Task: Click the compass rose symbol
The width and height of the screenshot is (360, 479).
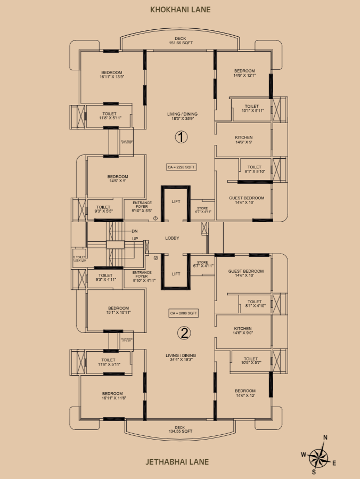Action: pos(319,456)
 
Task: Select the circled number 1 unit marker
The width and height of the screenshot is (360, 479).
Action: pos(181,137)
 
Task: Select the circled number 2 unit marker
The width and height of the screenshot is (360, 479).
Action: pos(184,334)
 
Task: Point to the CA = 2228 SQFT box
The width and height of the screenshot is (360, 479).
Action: pos(182,167)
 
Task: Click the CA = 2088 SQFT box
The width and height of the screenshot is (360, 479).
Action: pos(184,313)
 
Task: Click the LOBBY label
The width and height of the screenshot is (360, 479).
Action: pos(172,238)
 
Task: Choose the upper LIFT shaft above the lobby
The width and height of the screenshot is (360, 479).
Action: pos(176,202)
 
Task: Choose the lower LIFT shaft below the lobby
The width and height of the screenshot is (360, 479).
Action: pos(176,274)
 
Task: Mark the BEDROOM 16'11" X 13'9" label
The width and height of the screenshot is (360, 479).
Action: pos(111,75)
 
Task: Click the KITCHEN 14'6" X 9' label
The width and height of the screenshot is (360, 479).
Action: pos(243,140)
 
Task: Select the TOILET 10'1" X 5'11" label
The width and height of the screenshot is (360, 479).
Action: pos(251,109)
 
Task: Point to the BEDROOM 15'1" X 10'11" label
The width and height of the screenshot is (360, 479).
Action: pos(118,310)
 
